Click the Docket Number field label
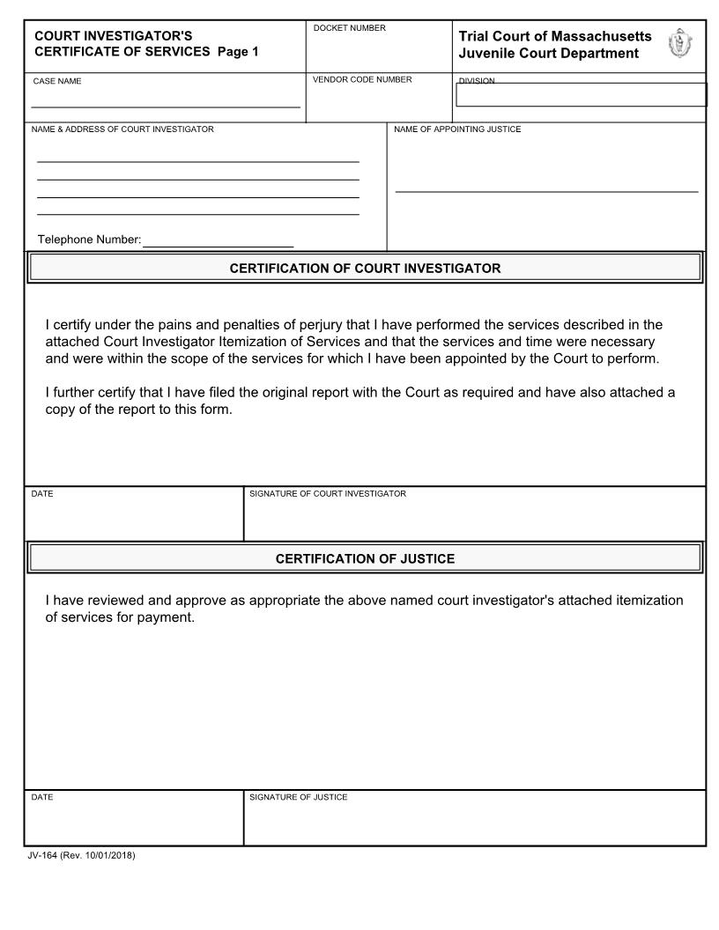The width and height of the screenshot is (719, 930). (x=349, y=29)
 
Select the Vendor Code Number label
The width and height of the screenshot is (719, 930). (x=362, y=80)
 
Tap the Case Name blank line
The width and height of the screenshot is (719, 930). (x=166, y=106)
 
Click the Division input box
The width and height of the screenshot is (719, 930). (x=582, y=95)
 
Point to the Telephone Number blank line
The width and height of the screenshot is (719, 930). (x=218, y=246)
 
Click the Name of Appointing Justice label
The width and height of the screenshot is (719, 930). (x=456, y=130)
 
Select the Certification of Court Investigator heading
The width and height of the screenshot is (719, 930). (x=365, y=269)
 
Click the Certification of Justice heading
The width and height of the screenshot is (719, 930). (x=365, y=558)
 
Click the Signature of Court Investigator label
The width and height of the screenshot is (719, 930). (x=328, y=494)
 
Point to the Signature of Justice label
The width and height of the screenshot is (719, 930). (x=298, y=798)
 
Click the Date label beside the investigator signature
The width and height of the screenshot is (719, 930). (x=42, y=494)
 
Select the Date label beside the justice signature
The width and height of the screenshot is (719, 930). (x=42, y=798)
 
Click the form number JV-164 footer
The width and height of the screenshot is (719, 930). (x=81, y=856)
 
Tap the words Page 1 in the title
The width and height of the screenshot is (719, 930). (x=238, y=52)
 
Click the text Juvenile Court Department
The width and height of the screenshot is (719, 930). (x=548, y=54)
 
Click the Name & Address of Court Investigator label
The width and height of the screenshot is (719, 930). (x=122, y=130)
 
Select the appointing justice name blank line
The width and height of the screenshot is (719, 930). (x=546, y=190)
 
